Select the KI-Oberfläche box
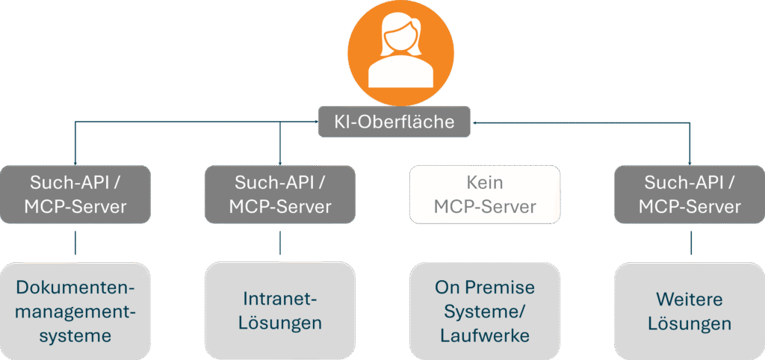coord(396,122)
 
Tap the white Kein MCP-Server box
coord(485,194)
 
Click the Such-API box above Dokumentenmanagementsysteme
coord(75,194)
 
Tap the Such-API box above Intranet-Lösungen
coord(280,194)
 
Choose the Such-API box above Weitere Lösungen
coord(690,194)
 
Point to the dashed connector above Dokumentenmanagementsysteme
coord(75,243)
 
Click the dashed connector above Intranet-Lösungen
coord(280,243)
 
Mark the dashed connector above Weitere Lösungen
coord(690,243)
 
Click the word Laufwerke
coord(485,335)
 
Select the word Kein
coord(485,182)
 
